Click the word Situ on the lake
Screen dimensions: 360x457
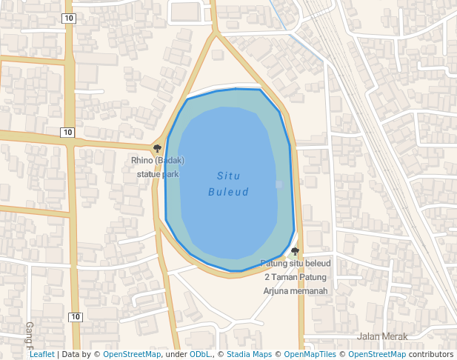point(228,176)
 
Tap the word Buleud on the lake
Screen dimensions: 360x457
point(228,193)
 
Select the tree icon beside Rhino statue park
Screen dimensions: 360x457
point(157,148)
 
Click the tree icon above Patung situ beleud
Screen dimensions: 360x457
point(295,252)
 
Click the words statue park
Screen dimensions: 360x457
point(158,175)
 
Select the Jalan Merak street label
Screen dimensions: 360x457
point(382,336)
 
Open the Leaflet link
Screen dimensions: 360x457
point(41,354)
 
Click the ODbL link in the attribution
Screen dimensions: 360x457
point(199,354)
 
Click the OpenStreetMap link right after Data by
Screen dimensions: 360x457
point(132,354)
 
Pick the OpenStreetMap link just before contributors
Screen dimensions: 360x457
point(377,354)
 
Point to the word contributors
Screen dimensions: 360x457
point(430,354)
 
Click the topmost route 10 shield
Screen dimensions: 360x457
point(68,18)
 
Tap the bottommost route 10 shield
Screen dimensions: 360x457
point(75,317)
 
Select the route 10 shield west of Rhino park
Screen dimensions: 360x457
point(67,133)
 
